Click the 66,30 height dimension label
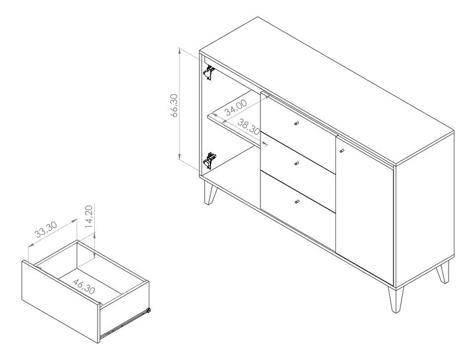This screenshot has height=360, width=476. tap(174, 106)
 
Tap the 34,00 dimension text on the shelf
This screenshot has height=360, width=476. tap(236, 108)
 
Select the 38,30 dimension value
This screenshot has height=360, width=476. tap(248, 127)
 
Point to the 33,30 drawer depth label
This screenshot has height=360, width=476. tap(45, 229)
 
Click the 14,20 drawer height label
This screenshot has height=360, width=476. tap(88, 217)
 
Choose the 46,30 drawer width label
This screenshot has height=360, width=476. tap(84, 286)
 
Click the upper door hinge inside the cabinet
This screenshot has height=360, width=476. tap(209, 73)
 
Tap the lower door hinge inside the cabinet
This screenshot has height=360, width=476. tap(210, 160)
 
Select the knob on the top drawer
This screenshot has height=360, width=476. tap(296, 123)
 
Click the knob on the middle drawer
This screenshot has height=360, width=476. tap(296, 164)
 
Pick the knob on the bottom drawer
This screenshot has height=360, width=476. tap(297, 202)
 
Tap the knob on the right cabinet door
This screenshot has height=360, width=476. tap(342, 151)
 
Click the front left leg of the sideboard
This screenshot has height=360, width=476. tap(210, 193)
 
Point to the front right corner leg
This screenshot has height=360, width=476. tap(396, 300)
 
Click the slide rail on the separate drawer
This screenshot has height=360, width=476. tap(125, 324)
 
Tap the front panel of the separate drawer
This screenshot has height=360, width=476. tap(60, 301)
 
